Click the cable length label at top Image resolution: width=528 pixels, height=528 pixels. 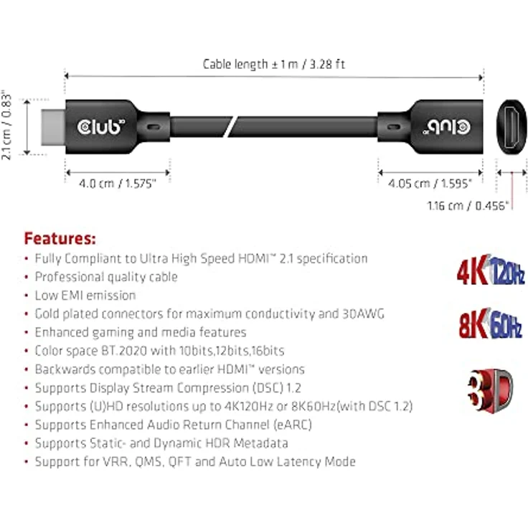tap(273, 64)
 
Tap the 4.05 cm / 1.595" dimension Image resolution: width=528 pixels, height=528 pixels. tap(430, 184)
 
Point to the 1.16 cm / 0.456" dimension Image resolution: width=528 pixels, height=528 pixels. tap(468, 206)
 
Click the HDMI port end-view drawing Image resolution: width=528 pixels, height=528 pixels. tap(511, 126)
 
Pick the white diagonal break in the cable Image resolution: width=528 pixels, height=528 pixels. tap(230, 127)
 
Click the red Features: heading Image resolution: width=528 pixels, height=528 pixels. tap(60, 237)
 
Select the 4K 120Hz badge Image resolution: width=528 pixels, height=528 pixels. tap(490, 273)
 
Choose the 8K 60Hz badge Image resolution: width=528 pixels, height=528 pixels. tap(490, 324)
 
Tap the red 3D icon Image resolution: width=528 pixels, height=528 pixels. tap(491, 388)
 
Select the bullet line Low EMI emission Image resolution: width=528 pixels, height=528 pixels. tap(85, 296)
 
